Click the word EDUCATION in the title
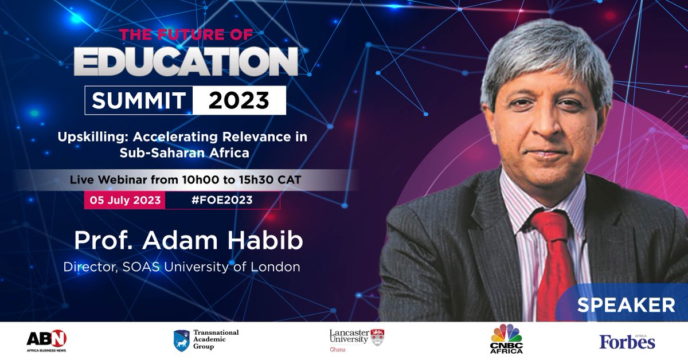(x=186, y=61)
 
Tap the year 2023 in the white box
(x=239, y=100)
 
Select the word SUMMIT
(x=139, y=101)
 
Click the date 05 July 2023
(x=124, y=200)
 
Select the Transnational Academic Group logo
(x=206, y=340)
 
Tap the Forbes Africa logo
(x=627, y=341)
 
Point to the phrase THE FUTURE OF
(x=186, y=34)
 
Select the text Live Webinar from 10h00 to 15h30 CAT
(x=186, y=180)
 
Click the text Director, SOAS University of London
(x=181, y=267)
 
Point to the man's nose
(x=548, y=135)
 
